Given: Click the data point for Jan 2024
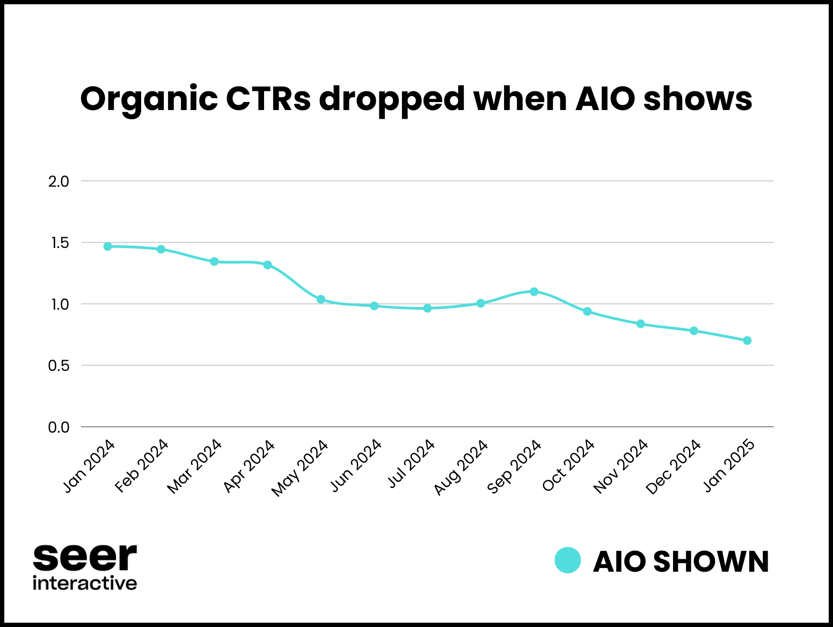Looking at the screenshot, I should tap(107, 246).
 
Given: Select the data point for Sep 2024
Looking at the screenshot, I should tap(534, 291).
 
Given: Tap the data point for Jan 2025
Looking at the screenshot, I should tap(747, 340).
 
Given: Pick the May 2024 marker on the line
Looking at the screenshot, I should tap(321, 299).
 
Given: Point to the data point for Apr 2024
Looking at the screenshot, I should tap(268, 265).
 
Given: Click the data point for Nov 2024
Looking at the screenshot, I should tap(640, 324).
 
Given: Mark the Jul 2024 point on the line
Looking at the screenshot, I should tap(427, 308).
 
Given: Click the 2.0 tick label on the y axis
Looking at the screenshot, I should tap(59, 181).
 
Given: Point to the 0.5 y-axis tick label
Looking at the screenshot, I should tap(59, 366).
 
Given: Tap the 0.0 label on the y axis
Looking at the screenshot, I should tap(59, 427).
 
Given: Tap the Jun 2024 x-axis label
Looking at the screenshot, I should tap(356, 466).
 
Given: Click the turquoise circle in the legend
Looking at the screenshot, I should tap(567, 560).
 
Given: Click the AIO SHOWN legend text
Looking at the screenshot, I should tap(681, 562).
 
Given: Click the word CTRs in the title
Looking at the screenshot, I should tap(268, 99).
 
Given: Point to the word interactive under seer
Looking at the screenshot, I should tap(85, 583).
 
